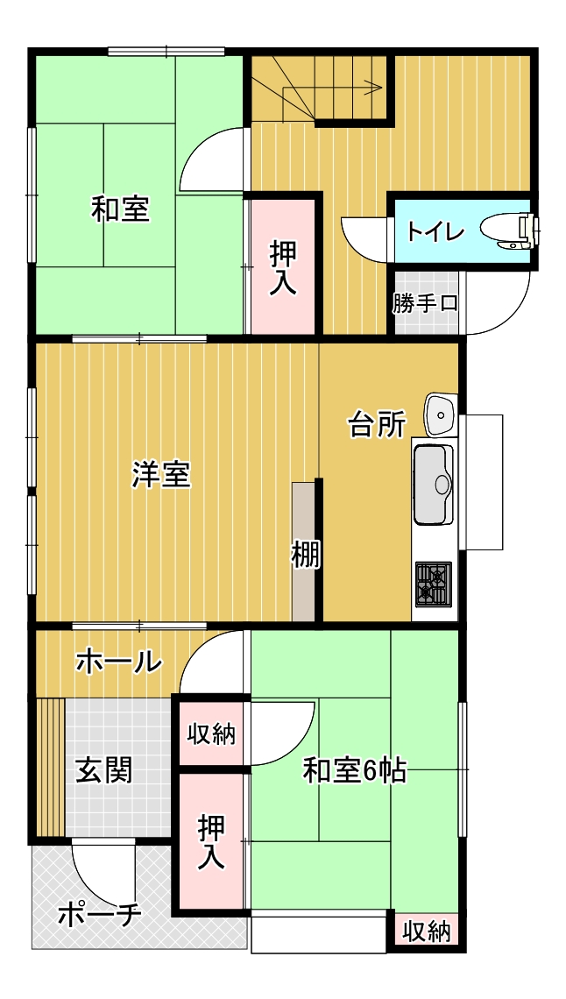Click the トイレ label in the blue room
(x=435, y=230)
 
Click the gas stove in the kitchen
(x=434, y=583)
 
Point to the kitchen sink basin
(x=434, y=484)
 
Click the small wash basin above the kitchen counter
(x=441, y=414)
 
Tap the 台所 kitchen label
(x=377, y=426)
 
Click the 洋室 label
(x=161, y=475)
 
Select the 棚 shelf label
(x=306, y=555)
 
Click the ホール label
(x=118, y=662)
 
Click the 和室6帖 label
(x=354, y=771)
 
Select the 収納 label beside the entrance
(x=211, y=734)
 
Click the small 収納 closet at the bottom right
(x=427, y=932)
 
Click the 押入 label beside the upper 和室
(x=283, y=267)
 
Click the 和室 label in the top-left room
(x=120, y=210)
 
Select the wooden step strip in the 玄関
(x=50, y=767)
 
